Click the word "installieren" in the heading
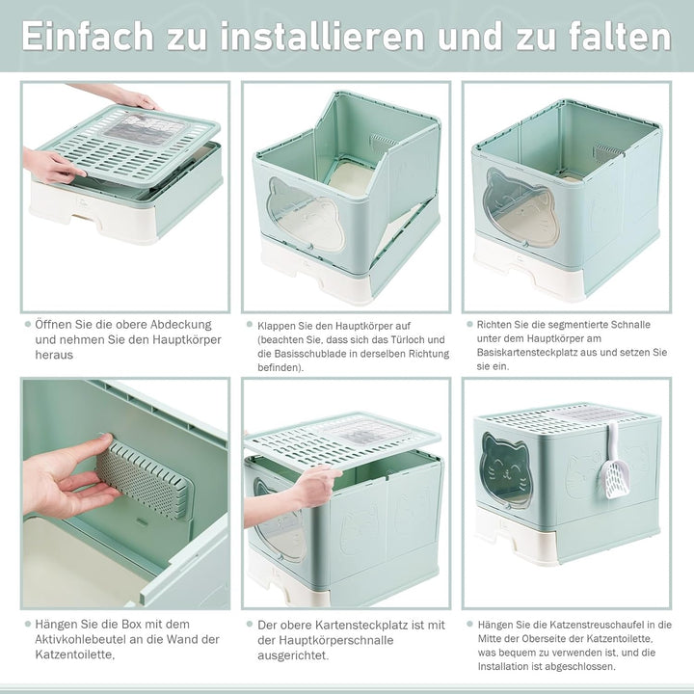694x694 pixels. [x=322, y=36]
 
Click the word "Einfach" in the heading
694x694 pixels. [x=88, y=36]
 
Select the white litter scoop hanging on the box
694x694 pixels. [x=615, y=463]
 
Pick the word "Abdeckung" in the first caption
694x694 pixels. [x=180, y=325]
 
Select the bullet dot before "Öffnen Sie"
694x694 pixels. [x=28, y=325]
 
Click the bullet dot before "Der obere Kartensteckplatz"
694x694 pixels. [x=250, y=625]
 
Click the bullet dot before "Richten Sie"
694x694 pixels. [x=469, y=324]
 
